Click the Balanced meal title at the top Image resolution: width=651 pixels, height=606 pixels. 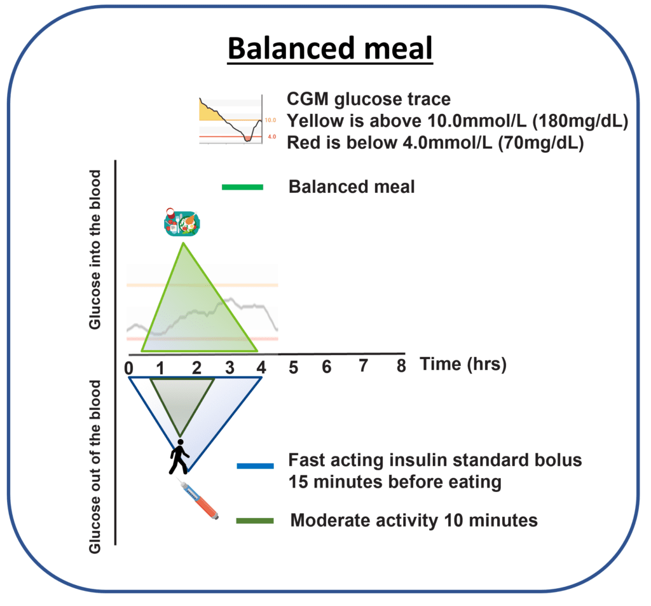331,48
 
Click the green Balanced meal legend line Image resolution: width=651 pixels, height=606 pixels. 242,187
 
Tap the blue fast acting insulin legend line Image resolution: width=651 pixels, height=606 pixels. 255,465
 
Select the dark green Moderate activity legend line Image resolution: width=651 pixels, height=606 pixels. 255,521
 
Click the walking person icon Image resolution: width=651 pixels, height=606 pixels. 179,456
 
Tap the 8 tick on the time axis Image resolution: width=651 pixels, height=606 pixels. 401,367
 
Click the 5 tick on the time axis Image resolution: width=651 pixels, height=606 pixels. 294,367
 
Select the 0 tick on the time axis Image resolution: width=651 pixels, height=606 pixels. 129,367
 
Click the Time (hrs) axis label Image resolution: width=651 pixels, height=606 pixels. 462,364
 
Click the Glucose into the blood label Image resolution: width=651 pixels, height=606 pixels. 95,250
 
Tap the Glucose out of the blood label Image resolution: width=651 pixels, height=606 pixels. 95,467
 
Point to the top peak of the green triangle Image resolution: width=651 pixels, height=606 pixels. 184,243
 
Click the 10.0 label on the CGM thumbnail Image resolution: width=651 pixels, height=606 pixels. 270,120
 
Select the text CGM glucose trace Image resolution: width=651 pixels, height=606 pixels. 369,99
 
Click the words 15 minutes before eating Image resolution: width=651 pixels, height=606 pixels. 394,482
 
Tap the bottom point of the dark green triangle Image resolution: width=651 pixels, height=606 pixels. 179,435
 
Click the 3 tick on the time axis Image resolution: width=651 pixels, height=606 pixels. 230,367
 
